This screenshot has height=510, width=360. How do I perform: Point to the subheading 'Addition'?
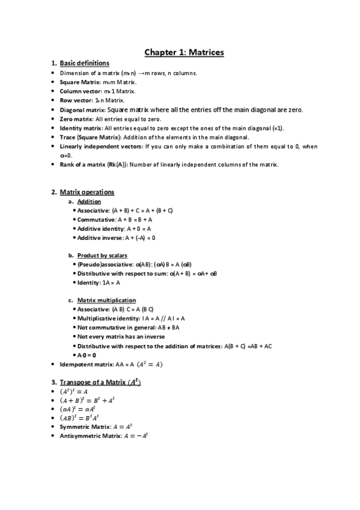point(89,201)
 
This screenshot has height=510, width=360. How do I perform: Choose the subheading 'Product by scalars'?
point(102,255)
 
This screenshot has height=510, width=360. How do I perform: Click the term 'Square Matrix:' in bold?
point(77,82)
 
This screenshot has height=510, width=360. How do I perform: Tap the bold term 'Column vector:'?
point(78,91)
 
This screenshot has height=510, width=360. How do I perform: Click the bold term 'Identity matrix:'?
point(81,128)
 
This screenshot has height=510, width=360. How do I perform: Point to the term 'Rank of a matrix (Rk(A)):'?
point(93,165)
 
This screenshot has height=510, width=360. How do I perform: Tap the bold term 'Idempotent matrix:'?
point(83,364)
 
